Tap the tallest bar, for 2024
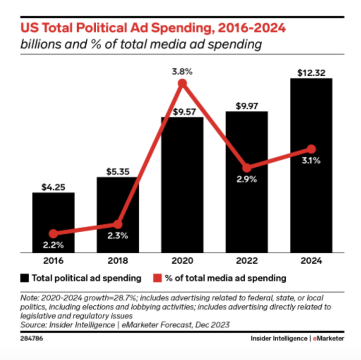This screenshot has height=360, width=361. (x=311, y=165)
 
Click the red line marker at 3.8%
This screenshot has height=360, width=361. (x=182, y=83)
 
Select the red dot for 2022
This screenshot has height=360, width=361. (x=247, y=168)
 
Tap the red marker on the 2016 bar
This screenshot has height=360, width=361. (x=53, y=233)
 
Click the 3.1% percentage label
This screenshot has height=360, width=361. (x=311, y=161)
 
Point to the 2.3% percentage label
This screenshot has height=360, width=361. (x=118, y=236)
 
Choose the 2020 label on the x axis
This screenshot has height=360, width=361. (x=182, y=261)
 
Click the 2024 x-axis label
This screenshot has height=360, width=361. (x=311, y=261)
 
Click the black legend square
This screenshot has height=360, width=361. (x=24, y=277)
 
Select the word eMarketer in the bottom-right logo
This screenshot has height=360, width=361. (x=329, y=339)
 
